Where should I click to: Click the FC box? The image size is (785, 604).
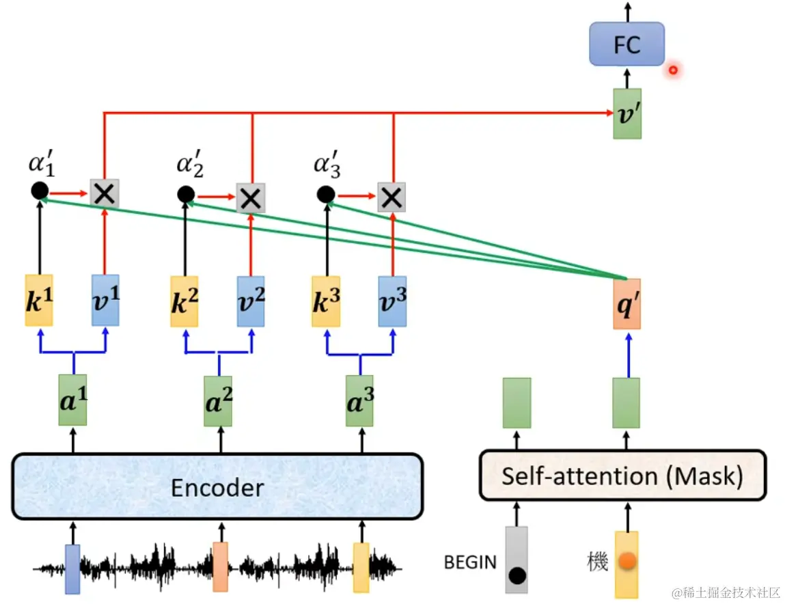[626, 44]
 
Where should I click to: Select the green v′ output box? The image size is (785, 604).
[626, 113]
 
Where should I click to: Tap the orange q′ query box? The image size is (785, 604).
[626, 303]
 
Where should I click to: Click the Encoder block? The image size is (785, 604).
[217, 486]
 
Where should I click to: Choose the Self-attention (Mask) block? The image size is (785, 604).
[622, 476]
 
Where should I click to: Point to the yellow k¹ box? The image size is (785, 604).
[38, 301]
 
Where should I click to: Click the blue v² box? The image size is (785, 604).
[251, 301]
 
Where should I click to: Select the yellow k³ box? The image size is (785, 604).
[325, 301]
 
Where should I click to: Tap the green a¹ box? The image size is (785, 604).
[73, 400]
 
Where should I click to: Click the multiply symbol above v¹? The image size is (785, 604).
[105, 194]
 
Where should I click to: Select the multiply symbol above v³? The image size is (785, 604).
[391, 198]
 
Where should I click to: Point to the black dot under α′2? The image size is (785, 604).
[185, 195]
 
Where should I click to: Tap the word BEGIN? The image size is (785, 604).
[470, 562]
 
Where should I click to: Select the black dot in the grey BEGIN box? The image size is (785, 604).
[517, 575]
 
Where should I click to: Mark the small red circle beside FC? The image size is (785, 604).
[673, 70]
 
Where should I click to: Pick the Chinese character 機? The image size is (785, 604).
[598, 562]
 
